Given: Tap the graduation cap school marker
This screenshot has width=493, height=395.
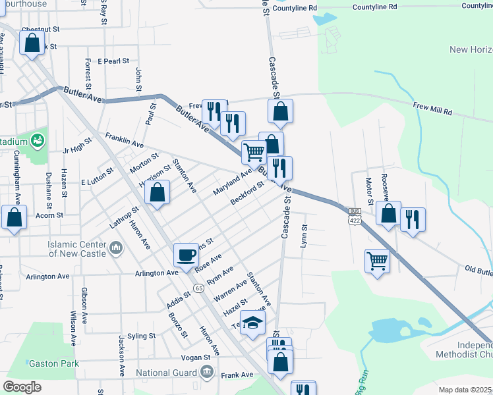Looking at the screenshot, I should coord(252,323).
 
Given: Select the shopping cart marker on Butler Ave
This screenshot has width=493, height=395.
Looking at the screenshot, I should coord(254,153).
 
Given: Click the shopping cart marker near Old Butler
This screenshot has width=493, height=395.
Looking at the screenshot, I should coord(377,261).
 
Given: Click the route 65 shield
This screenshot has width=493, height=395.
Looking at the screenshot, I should coord(198,288).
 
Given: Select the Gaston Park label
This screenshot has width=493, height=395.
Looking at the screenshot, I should coord(53,363).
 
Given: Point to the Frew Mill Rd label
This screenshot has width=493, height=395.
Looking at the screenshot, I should coord(432,105).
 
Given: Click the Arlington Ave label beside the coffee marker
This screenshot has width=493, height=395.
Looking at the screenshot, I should coord(157,273).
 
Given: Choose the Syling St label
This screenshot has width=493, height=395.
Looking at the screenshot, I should coord(142,336).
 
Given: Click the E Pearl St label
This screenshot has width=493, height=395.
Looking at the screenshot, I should coord(113,61).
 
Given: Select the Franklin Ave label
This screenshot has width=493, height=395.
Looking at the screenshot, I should coord(124,140).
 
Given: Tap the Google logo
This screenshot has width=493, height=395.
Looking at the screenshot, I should coord(22,387).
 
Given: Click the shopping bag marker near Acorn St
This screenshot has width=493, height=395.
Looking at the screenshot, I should coord(14,218).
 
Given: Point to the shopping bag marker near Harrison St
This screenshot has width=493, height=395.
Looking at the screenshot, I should coord(158,194).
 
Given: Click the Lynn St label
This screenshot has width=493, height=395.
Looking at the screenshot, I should coord(304,237).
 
